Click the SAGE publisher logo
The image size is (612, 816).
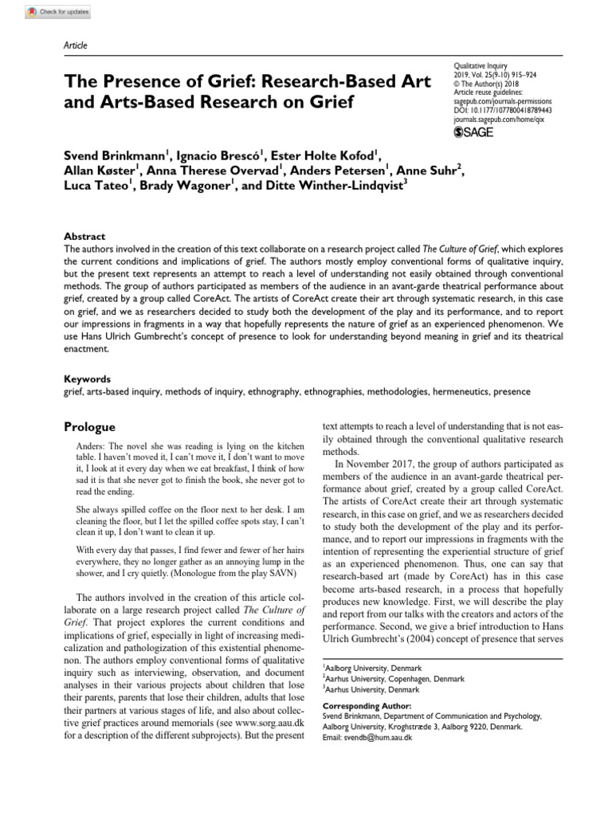pos(474,132)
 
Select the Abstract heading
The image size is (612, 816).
pos(84,237)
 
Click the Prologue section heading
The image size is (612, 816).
pos(89,427)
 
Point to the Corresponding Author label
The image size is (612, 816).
pos(367,706)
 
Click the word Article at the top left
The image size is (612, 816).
pos(75,45)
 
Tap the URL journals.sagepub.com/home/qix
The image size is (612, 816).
pos(497,120)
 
